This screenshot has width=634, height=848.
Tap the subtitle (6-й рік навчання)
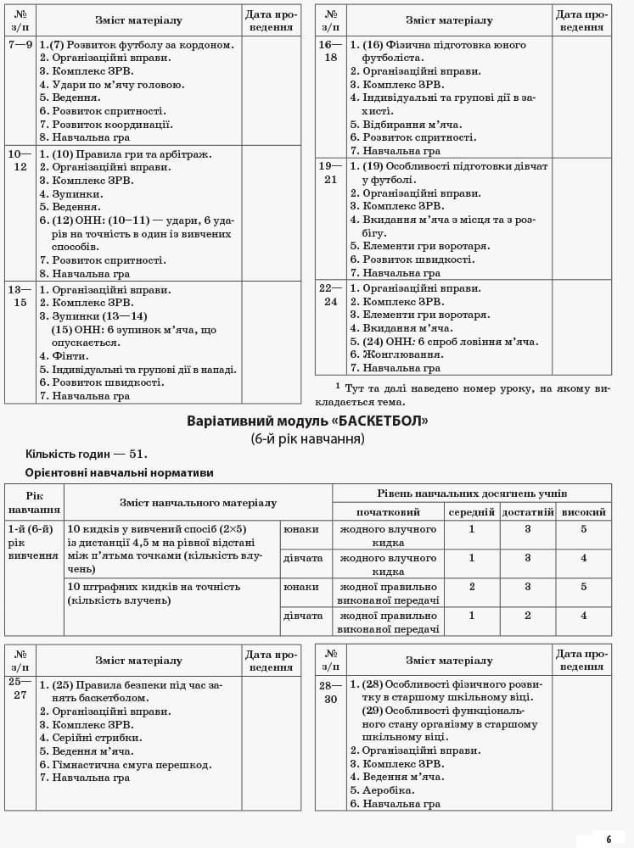point(307,438)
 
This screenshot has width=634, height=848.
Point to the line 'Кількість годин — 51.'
point(86,454)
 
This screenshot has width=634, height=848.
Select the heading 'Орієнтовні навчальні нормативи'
point(119,472)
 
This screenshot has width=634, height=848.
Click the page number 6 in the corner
point(608,839)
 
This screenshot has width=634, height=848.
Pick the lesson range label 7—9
point(20,44)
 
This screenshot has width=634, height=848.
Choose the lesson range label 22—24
point(329,294)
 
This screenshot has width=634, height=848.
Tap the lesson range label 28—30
point(330,691)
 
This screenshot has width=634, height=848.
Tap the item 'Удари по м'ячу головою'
point(118,84)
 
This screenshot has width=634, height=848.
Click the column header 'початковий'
point(388,512)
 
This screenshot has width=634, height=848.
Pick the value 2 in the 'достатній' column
point(527,616)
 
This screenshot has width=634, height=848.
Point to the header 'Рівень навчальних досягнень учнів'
point(471,493)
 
